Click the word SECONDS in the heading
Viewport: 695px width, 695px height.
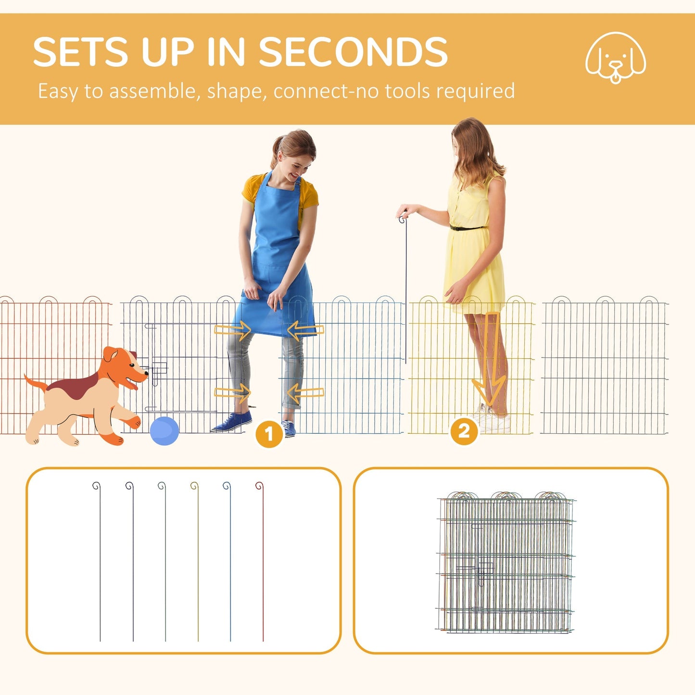tap(354, 52)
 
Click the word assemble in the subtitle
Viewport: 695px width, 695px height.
tap(154, 91)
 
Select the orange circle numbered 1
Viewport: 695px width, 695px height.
tap(269, 434)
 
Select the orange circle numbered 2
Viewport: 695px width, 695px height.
tap(464, 431)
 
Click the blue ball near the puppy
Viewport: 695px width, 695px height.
tap(164, 430)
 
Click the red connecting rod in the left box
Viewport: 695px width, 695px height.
tap(262, 563)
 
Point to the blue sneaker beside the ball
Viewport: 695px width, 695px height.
tap(233, 422)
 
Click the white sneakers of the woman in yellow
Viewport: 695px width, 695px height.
tap(493, 419)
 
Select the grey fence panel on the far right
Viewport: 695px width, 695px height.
tap(605, 368)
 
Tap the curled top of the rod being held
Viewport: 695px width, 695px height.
tap(402, 219)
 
